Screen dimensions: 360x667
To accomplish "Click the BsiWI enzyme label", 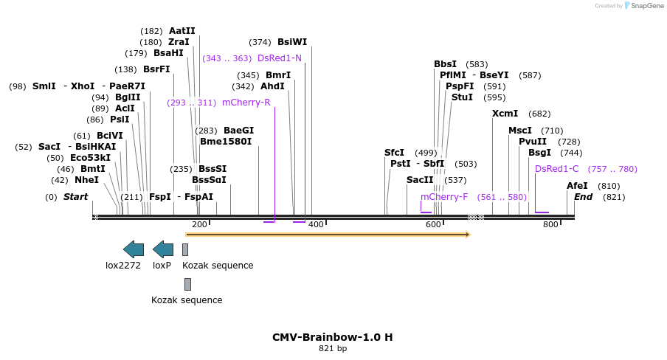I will tap(292, 42).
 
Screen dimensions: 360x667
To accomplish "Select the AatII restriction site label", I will tap(182, 31).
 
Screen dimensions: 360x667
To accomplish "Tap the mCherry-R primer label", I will tap(246, 103).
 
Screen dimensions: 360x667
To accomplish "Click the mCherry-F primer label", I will tap(444, 197).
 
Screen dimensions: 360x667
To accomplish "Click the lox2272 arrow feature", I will tap(134, 249).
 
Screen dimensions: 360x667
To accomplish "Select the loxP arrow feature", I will tap(163, 249).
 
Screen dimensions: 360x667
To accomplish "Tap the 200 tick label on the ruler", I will tap(199, 224).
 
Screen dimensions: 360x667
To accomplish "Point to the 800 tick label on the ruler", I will tap(550, 224).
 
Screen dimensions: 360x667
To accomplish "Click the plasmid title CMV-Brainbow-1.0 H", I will tap(332, 337).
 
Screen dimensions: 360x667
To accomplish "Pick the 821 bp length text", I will tap(332, 348).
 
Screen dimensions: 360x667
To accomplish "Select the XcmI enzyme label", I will tap(505, 114).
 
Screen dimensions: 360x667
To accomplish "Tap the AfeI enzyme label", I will tap(578, 186).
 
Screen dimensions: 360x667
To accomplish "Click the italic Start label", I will tap(75, 197).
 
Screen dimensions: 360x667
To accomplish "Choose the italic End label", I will tap(583, 197).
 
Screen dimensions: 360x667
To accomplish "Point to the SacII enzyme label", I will tap(420, 180).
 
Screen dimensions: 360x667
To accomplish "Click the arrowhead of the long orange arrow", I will tap(467, 235).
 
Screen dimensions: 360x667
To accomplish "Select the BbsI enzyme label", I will tap(445, 64).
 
